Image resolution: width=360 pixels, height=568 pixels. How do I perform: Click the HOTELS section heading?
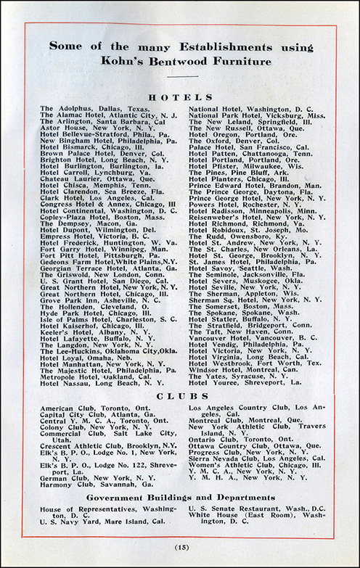coord(180,96)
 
